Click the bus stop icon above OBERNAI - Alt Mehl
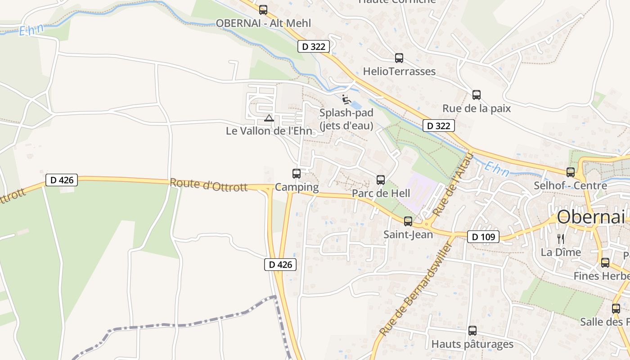coord(263,9)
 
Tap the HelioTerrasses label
coord(399,72)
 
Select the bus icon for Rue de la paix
coord(477,95)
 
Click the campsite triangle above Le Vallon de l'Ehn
coord(269,118)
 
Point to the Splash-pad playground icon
coord(346,99)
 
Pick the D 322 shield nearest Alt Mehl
coord(314,46)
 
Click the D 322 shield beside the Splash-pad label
coord(438,126)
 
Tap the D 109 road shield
coord(483,237)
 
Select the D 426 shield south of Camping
coord(280,265)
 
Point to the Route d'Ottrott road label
coord(209,185)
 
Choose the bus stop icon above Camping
coord(297,173)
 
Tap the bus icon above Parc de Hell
coord(381,180)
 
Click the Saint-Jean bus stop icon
coord(408,221)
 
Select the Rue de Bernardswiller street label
coord(416,290)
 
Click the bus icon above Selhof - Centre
coord(571,172)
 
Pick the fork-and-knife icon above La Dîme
coord(561,238)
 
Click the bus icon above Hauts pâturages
coord(472,331)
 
